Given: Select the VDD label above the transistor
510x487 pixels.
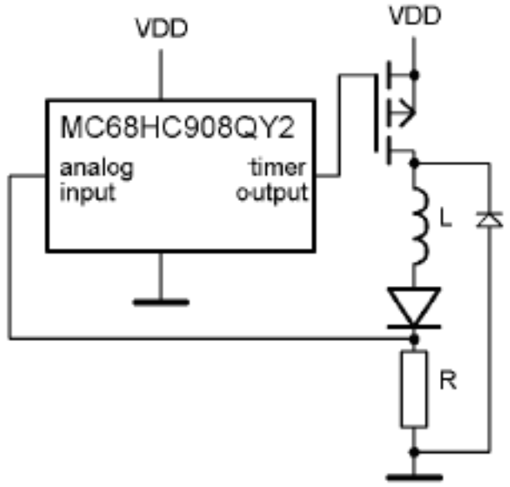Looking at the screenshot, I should (415, 17).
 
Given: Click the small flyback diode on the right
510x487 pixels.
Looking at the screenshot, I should (488, 219).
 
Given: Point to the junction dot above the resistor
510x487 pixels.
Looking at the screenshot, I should (415, 339).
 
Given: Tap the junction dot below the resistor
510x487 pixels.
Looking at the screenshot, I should (415, 450).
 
